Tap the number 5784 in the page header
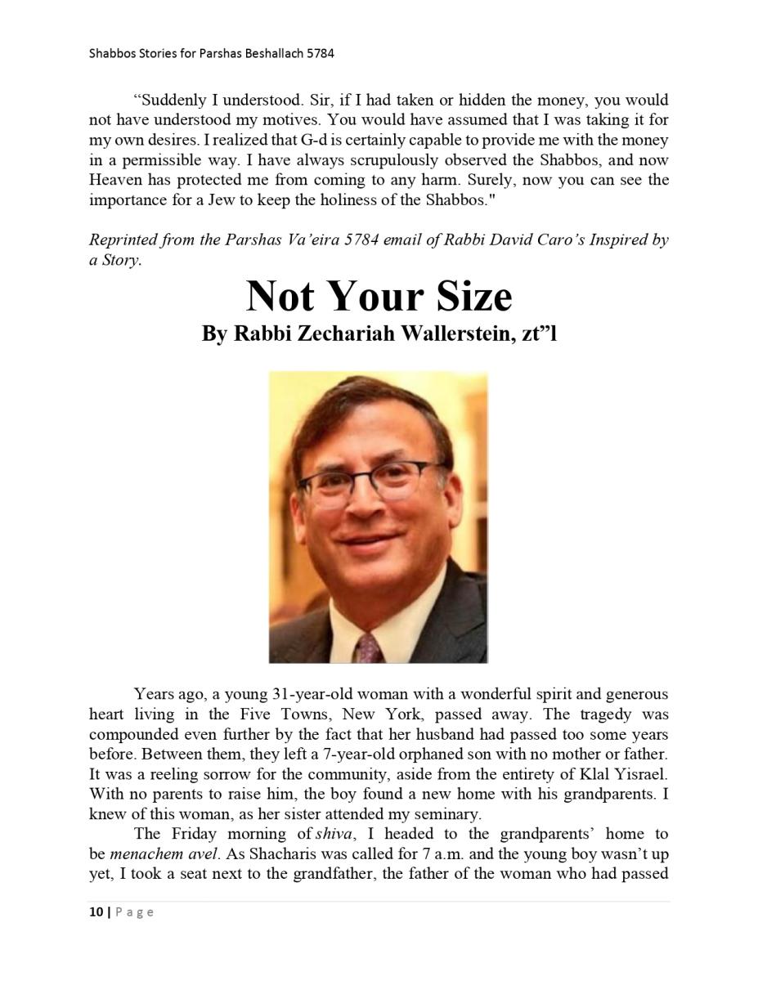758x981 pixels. click(321, 54)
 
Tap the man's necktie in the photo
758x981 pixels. click(368, 646)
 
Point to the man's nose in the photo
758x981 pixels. click(366, 507)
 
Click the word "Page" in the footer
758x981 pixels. click(134, 912)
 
